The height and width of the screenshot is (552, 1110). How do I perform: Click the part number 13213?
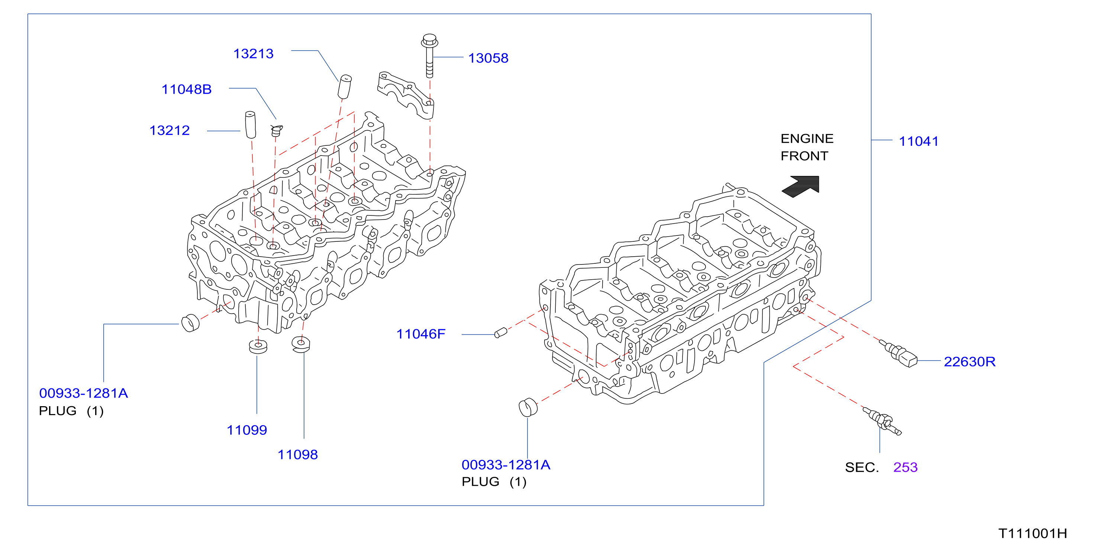(x=254, y=54)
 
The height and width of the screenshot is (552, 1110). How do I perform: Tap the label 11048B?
(x=187, y=89)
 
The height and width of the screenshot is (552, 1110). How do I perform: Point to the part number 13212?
(x=170, y=130)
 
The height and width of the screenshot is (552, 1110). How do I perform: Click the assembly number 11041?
(x=919, y=141)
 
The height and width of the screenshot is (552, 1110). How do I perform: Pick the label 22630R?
(x=969, y=362)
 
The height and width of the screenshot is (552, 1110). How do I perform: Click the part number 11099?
(x=247, y=430)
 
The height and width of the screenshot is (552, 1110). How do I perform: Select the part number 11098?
(x=298, y=455)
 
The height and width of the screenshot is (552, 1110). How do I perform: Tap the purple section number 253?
(x=905, y=467)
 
